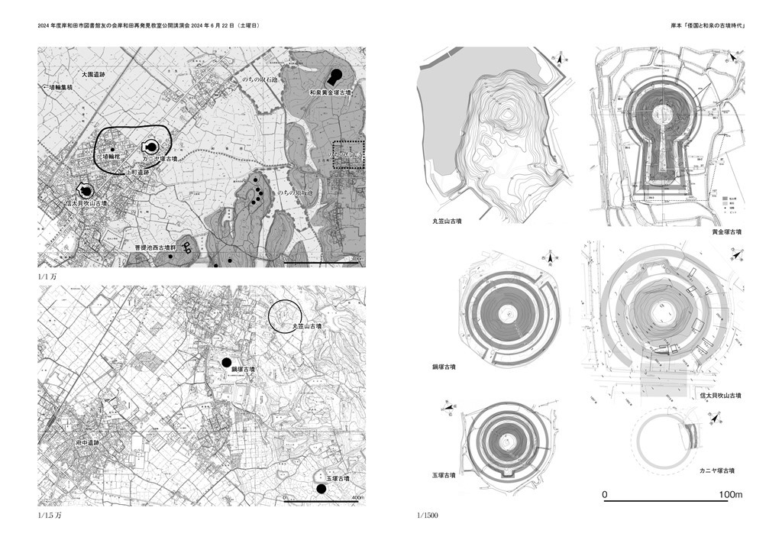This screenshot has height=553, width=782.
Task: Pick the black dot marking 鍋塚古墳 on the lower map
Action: click(x=225, y=362)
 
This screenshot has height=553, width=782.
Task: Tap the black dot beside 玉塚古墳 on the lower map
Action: click(x=322, y=489)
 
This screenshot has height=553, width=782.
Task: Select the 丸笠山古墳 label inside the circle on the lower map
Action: click(x=307, y=326)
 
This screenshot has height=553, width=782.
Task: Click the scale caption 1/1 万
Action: click(x=48, y=275)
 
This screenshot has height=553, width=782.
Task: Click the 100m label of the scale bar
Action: click(x=731, y=495)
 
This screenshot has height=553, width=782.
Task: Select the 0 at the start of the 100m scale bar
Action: click(x=605, y=495)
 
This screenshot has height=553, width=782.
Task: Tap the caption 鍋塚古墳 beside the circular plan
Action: click(x=444, y=367)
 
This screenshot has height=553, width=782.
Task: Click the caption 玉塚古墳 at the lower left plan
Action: click(x=444, y=475)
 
